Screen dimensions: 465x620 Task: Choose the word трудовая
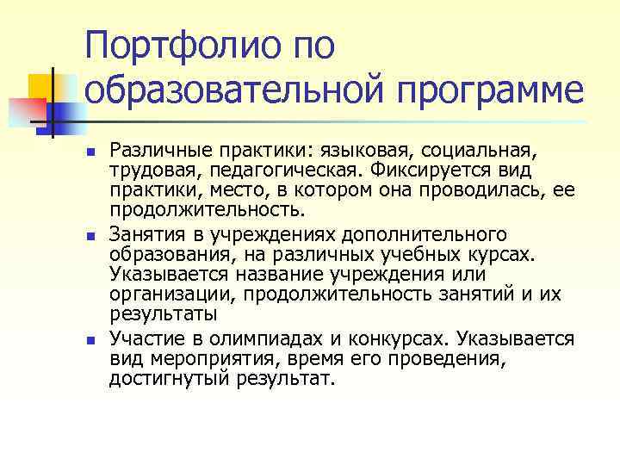(146, 171)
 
